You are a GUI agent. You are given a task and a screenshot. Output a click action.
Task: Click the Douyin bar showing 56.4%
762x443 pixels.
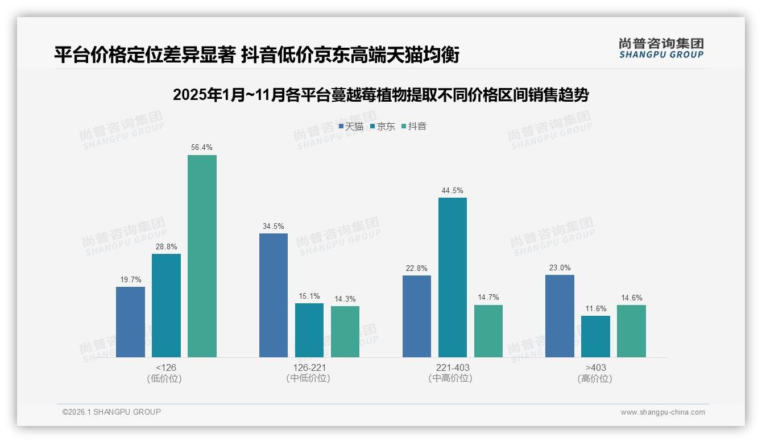(202, 256)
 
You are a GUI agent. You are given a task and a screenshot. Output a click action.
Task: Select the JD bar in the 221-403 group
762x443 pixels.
(453, 277)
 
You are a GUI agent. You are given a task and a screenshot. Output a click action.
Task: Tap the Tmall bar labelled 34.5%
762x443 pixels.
(274, 295)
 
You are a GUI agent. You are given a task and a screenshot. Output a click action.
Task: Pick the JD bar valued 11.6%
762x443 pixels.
(595, 336)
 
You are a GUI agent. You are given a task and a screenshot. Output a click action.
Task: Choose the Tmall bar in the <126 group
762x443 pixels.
(130, 321)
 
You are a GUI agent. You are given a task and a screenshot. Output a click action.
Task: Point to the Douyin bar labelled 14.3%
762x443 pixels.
(345, 331)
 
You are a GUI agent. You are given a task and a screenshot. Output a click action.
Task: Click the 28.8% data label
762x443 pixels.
(166, 247)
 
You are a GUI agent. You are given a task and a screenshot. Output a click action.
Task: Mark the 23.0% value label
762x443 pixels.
(560, 268)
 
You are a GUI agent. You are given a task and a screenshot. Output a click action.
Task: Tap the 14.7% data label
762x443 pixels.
(488, 298)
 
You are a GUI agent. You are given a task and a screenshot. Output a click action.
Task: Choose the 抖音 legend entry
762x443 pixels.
(414, 127)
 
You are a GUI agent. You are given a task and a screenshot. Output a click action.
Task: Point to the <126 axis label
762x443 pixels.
(165, 367)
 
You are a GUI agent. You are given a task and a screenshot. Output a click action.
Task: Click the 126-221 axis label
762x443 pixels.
(309, 367)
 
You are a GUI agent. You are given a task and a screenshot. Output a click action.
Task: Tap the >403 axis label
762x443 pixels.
(595, 367)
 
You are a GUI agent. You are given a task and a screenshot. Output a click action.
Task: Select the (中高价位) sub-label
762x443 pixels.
(453, 378)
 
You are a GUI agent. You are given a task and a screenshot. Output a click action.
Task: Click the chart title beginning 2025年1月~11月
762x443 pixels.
(380, 95)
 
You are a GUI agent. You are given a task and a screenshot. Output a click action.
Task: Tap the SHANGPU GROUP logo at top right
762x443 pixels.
(661, 48)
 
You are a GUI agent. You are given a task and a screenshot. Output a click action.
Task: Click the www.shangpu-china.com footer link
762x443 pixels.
(662, 412)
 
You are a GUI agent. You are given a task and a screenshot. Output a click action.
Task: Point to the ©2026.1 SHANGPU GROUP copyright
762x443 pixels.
(111, 412)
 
